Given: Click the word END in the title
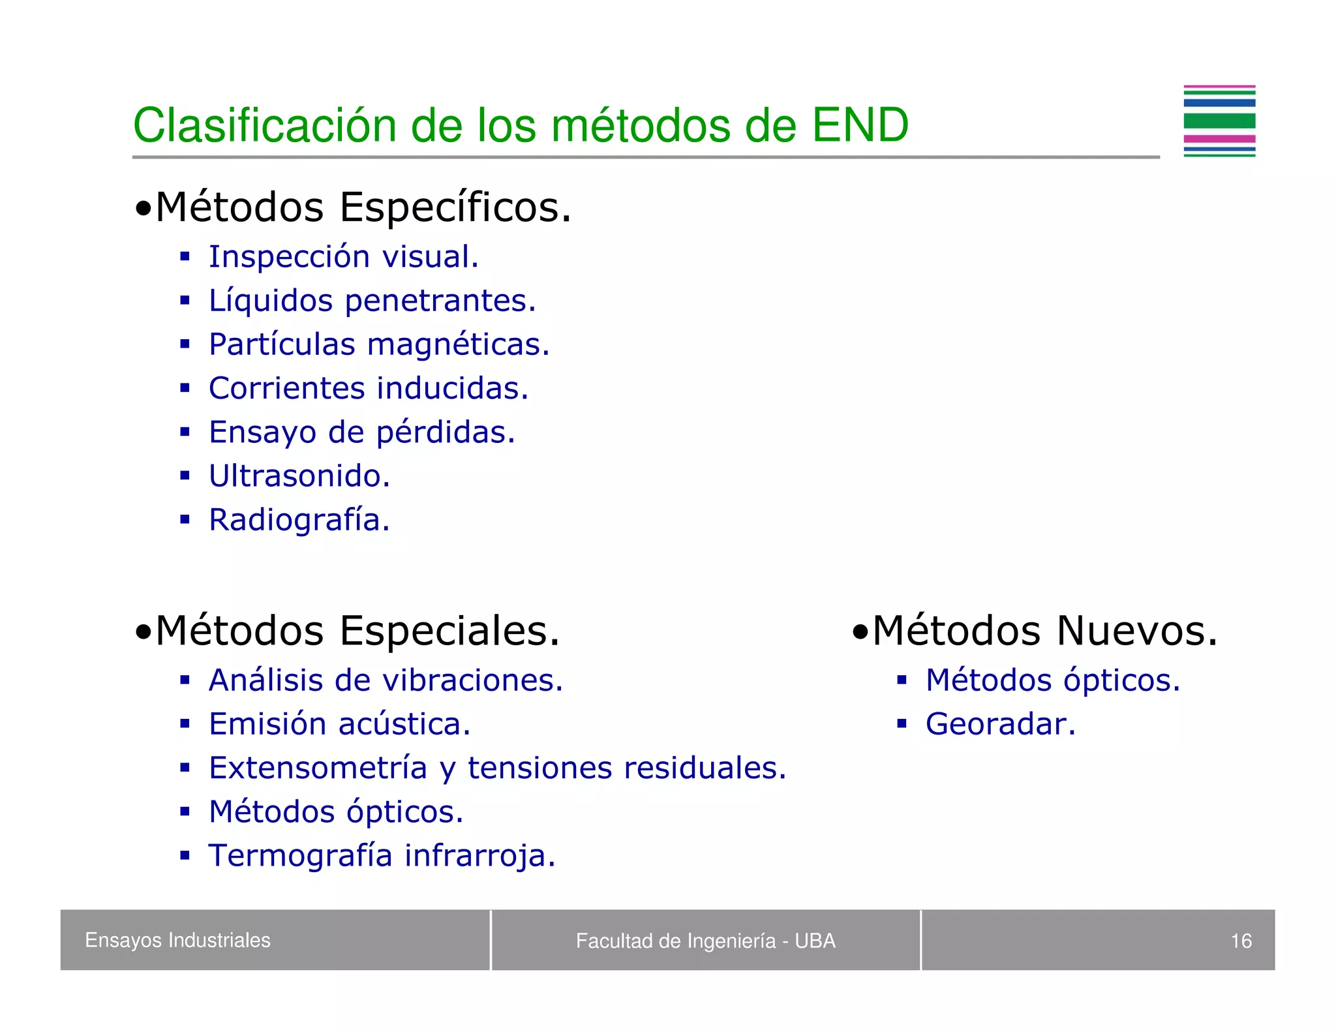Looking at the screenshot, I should [x=860, y=125].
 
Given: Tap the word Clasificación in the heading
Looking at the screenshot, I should [x=264, y=125].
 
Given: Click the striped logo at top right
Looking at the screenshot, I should [x=1219, y=121].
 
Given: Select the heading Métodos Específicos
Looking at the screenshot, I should [x=363, y=207].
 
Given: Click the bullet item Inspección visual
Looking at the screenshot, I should [x=343, y=256].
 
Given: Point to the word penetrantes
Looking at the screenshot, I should [x=440, y=301].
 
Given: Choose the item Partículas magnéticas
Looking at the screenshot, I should [x=379, y=344].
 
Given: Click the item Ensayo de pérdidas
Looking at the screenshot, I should [x=361, y=432].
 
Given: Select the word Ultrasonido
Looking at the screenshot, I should [x=299, y=476].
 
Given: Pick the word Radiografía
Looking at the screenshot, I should [x=299, y=520].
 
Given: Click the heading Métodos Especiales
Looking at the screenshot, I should [x=357, y=631].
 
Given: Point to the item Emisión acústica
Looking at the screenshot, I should [x=339, y=724].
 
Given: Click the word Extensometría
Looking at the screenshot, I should [x=318, y=768].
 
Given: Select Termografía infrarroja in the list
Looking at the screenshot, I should [x=382, y=855].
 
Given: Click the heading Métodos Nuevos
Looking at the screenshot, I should [x=1044, y=631].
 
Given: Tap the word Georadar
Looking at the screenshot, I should [x=1000, y=724].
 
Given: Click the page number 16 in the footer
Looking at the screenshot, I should [x=1240, y=941].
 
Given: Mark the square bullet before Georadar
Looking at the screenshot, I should [x=902, y=723].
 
